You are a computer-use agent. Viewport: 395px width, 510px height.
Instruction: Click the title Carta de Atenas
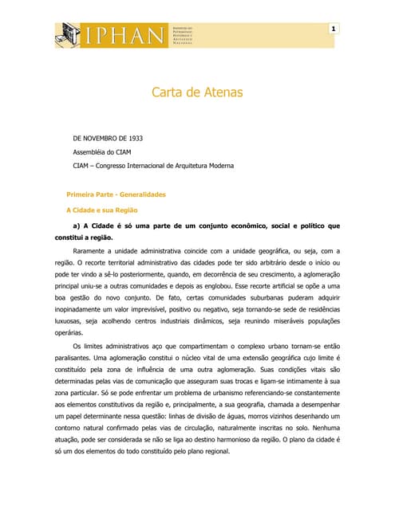[197, 93]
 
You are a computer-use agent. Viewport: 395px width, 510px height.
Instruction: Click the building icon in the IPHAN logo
[68, 34]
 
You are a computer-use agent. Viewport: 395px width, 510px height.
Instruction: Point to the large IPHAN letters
[123, 34]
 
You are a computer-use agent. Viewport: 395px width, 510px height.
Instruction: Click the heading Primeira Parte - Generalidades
[115, 194]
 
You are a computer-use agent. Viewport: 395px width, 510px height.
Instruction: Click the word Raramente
[92, 251]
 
